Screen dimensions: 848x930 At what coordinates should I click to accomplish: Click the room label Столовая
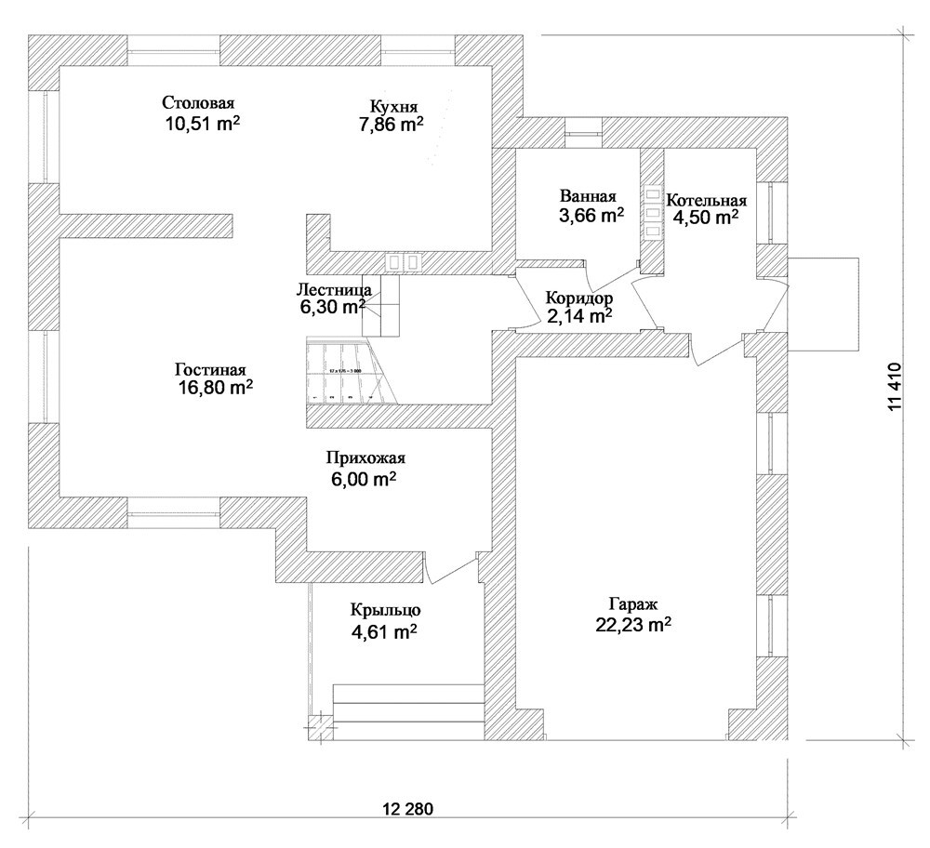(x=196, y=102)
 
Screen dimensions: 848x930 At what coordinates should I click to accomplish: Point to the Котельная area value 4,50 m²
(x=707, y=218)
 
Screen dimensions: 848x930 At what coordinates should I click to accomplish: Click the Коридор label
(x=578, y=298)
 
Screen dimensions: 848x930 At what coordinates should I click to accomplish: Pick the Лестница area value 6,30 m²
(x=331, y=306)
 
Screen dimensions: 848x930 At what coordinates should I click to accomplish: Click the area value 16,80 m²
(x=215, y=388)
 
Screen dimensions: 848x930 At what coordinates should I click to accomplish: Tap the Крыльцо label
(x=387, y=611)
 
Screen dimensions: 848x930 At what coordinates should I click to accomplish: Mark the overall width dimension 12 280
(x=407, y=807)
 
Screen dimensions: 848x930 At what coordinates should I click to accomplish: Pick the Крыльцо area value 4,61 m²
(x=383, y=632)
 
